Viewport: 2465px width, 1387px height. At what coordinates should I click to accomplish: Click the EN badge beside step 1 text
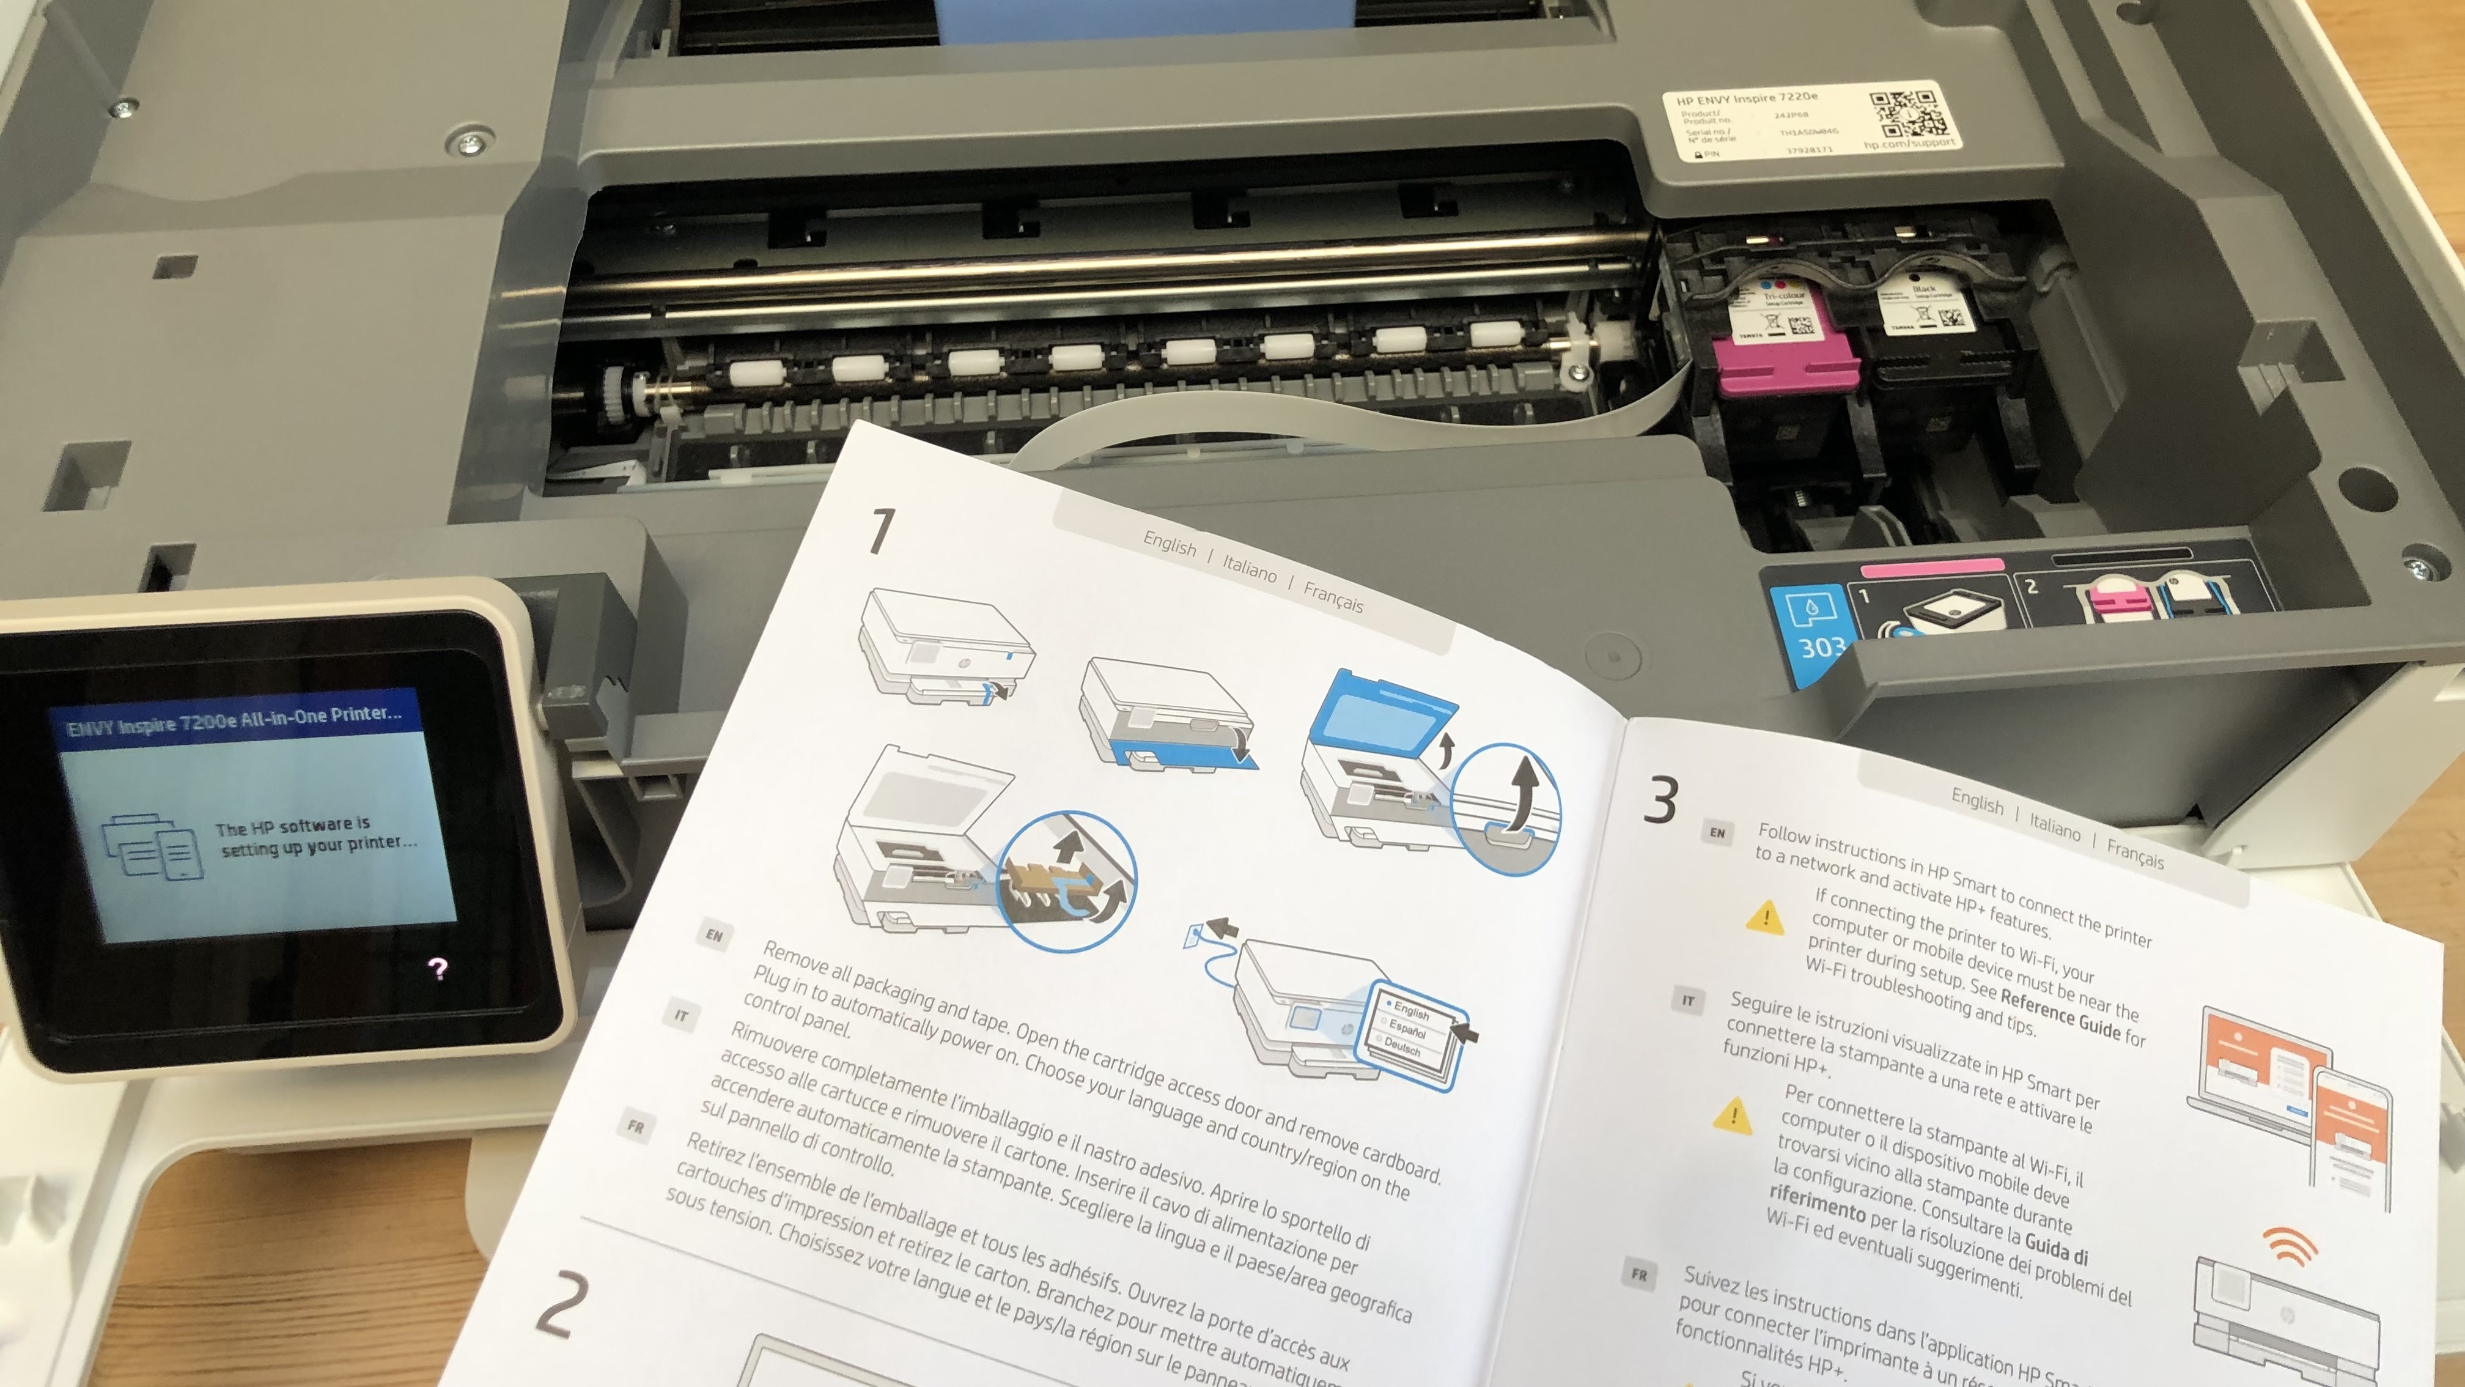point(715,935)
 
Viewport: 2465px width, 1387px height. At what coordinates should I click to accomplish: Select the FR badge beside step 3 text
point(1639,1274)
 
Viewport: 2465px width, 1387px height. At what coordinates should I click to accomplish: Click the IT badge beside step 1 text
point(681,1016)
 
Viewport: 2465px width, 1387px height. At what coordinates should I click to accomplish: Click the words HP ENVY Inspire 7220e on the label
point(1747,98)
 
